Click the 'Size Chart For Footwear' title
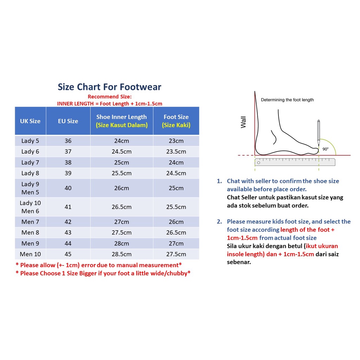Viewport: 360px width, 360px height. (109, 87)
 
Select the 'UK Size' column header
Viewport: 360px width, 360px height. (30, 121)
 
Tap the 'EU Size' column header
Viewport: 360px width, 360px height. (68, 121)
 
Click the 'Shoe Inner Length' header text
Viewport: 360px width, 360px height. (121, 117)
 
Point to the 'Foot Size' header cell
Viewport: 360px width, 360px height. (176, 121)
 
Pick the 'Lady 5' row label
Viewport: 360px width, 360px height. (30, 141)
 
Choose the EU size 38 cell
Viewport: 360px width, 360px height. (68, 162)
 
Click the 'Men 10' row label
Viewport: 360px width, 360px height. (30, 254)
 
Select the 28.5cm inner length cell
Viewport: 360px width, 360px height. (122, 254)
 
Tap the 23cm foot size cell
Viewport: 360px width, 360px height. (176, 141)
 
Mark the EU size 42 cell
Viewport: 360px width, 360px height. (68, 222)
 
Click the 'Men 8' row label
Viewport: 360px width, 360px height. (30, 233)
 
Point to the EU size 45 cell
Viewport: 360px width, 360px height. (68, 254)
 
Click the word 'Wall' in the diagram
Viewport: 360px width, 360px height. (243, 122)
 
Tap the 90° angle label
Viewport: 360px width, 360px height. (326, 149)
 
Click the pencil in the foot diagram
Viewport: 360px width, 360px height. (319, 133)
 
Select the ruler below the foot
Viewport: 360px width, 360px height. (295, 162)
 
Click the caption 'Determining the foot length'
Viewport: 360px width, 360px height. (287, 100)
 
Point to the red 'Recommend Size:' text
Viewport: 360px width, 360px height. (110, 97)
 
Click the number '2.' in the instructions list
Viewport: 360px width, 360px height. (219, 221)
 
